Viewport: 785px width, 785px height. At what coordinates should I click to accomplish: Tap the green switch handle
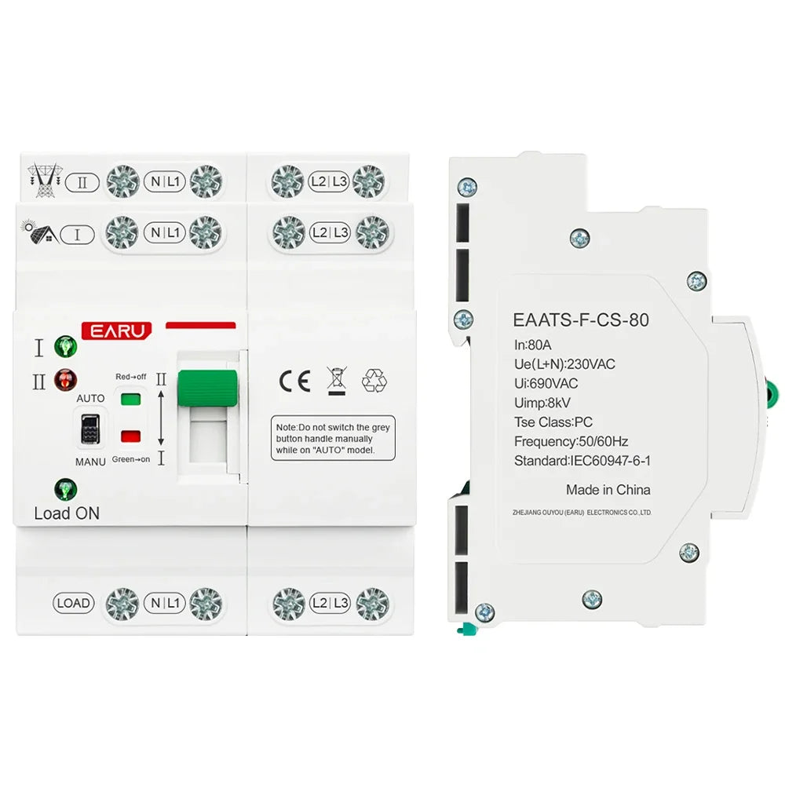pos(207,388)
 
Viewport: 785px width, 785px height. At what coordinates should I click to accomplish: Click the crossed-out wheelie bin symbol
pos(335,379)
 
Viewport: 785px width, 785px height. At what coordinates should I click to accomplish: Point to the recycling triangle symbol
pos(374,381)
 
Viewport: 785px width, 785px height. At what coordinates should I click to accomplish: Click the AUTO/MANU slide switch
pos(90,429)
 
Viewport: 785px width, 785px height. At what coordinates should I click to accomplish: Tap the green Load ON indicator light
pos(65,490)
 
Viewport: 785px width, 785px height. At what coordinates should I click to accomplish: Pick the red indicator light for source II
pos(65,381)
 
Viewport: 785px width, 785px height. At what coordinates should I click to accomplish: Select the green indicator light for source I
pos(65,345)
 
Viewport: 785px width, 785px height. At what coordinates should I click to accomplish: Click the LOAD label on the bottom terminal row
pos(74,603)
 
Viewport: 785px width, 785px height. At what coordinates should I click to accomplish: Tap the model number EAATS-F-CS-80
pos(581,320)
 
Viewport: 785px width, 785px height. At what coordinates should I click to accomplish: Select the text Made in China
pos(608,490)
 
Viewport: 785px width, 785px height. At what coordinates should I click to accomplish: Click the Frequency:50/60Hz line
pos(571,442)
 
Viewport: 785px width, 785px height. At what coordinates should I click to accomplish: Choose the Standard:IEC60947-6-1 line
pos(582,462)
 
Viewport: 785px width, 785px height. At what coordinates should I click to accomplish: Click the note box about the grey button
pos(333,439)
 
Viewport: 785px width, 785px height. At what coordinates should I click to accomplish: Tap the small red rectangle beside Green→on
pos(131,436)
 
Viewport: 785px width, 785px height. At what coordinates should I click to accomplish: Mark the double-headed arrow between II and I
pos(161,418)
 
